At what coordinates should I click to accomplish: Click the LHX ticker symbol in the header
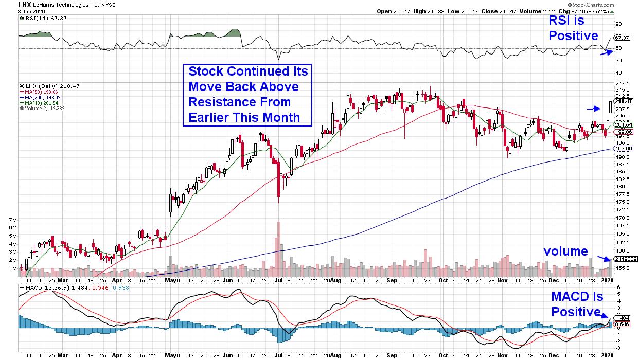click(x=10, y=4)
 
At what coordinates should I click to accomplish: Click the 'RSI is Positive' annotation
click(x=573, y=28)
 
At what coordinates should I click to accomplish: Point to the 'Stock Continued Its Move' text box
click(x=249, y=95)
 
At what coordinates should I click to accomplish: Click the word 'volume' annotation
click(x=566, y=251)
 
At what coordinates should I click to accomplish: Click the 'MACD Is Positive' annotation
click(x=577, y=304)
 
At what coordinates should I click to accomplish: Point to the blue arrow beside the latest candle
click(x=594, y=109)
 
